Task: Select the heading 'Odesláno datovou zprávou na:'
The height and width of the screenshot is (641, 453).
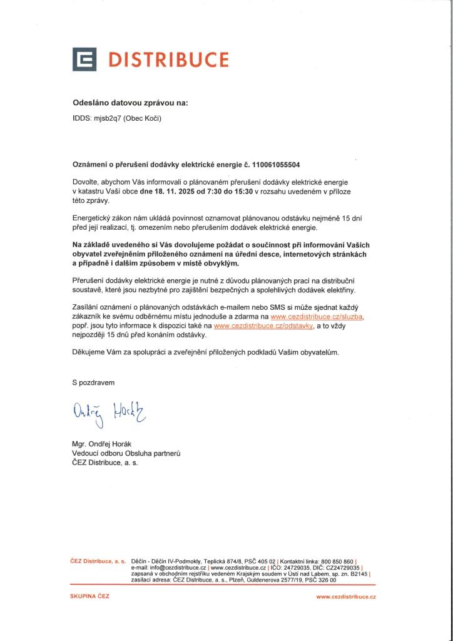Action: click(130, 102)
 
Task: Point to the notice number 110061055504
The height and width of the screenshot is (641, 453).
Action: click(276, 165)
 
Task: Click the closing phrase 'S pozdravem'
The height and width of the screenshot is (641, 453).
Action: click(94, 381)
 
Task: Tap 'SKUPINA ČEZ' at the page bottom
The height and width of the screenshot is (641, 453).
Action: click(89, 597)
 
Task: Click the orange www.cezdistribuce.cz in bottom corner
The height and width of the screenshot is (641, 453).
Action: click(346, 597)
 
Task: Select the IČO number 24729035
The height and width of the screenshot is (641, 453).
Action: click(289, 568)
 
